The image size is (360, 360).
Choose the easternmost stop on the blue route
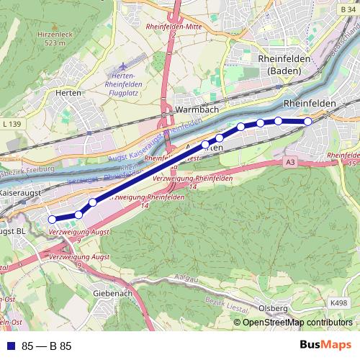coord(307,121)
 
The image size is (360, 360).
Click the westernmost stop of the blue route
coord(52,219)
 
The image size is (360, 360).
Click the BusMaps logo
coord(325,345)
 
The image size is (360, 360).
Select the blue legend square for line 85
coord(9,346)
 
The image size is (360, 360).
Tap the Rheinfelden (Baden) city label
coord(288,64)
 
